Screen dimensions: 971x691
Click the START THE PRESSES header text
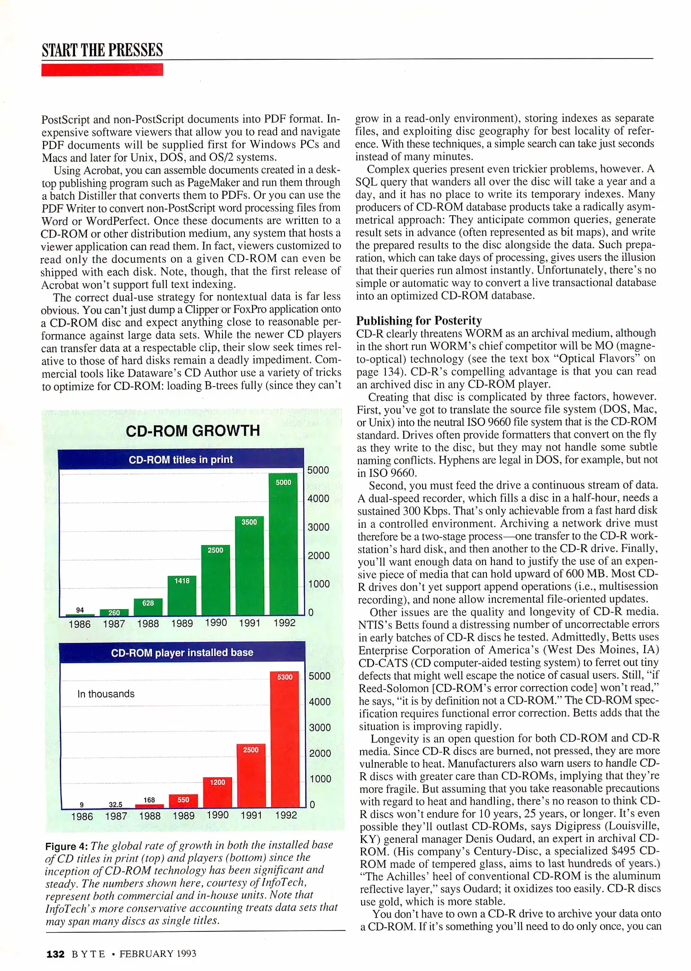pyautogui.click(x=102, y=50)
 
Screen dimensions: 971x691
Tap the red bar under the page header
pyautogui.click(x=102, y=70)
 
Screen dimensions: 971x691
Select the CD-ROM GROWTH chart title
pyautogui.click(x=193, y=431)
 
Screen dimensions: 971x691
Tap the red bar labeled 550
pyautogui.click(x=183, y=801)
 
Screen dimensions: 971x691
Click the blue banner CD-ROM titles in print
pyautogui.click(x=181, y=459)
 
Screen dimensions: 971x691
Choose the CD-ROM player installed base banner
pyautogui.click(x=182, y=652)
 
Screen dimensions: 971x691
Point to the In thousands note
pyautogui.click(x=106, y=694)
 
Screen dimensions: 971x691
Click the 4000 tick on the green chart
pyautogui.click(x=318, y=499)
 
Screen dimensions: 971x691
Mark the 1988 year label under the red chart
pyautogui.click(x=150, y=816)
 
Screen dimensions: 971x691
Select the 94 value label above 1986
pyautogui.click(x=80, y=610)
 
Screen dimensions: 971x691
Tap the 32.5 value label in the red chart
pyautogui.click(x=116, y=804)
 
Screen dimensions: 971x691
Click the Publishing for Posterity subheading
pyautogui.click(x=419, y=321)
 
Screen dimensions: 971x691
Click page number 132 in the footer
pyautogui.click(x=56, y=954)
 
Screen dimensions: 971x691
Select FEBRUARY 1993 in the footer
pyautogui.click(x=158, y=954)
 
